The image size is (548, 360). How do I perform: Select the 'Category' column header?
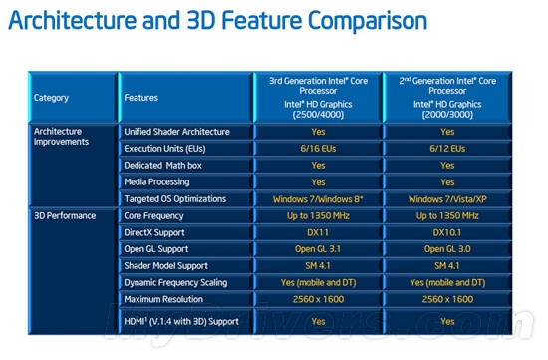pyautogui.click(x=52, y=98)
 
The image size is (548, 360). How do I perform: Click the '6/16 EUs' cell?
pyautogui.click(x=318, y=149)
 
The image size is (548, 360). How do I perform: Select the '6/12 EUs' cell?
pyautogui.click(x=447, y=149)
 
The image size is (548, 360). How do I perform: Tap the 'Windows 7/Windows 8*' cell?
pyautogui.click(x=318, y=199)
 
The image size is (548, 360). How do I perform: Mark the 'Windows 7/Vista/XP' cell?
pyautogui.click(x=447, y=199)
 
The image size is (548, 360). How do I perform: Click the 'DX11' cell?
pyautogui.click(x=318, y=232)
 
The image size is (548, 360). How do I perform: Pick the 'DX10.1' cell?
pyautogui.click(x=447, y=232)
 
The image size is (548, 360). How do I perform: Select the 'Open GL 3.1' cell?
pyautogui.click(x=318, y=249)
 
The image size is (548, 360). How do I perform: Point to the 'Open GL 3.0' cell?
pyautogui.click(x=447, y=249)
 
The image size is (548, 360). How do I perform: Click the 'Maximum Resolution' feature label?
pyautogui.click(x=164, y=300)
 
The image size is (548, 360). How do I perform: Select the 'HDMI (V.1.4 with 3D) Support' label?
pyautogui.click(x=182, y=321)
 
